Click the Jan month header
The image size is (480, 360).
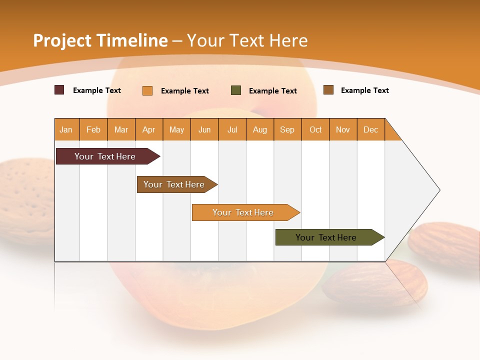point(66,129)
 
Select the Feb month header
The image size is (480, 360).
point(93,129)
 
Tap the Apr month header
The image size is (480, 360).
point(149,129)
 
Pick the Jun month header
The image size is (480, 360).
point(204,129)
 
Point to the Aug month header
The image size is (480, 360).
point(260,129)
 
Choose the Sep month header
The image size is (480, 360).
point(287,129)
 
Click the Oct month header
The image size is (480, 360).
point(315,129)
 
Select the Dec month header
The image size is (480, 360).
point(371,129)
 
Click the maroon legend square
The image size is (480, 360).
point(59,90)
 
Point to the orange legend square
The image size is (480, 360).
point(147,90)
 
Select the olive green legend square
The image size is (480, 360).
point(236,90)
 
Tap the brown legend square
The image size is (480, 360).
point(328,90)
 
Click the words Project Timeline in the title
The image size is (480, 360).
point(100,40)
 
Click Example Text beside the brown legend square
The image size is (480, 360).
point(364,90)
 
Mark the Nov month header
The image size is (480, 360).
point(343,129)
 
